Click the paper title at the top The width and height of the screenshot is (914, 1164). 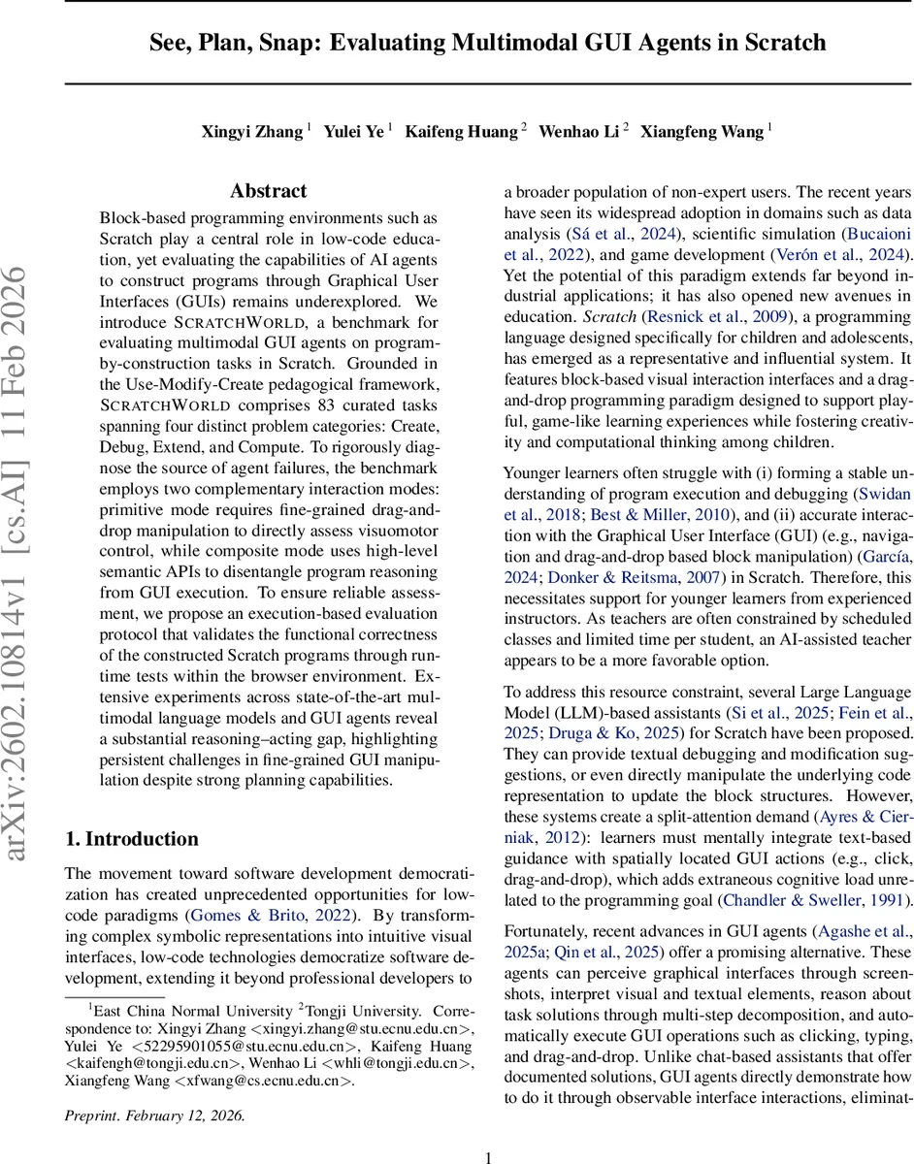point(487,43)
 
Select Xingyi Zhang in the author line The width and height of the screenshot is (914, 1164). point(251,131)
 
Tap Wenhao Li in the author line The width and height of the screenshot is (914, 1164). point(578,131)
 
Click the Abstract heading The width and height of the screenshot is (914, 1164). point(269,191)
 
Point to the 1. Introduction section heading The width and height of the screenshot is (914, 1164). point(131,839)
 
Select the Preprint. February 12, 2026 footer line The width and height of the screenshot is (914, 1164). point(154,1115)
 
